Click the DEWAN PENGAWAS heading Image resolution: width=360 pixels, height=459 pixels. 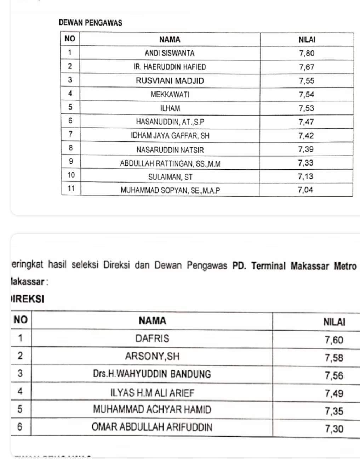tap(90, 23)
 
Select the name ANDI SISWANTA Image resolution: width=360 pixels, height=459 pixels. tap(170, 53)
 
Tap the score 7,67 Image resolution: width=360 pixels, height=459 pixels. tap(307, 67)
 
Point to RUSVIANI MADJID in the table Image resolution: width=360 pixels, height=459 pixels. tap(170, 81)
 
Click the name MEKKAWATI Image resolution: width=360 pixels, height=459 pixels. tap(170, 95)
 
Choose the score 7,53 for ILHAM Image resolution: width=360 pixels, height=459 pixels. tap(307, 108)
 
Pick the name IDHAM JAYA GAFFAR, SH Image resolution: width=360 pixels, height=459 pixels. tap(170, 135)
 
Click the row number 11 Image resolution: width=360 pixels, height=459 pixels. tap(71, 188)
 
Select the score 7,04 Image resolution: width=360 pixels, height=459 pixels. tap(306, 190)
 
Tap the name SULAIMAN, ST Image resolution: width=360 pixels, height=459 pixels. tap(170, 177)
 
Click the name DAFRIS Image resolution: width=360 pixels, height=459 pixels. tap(153, 338)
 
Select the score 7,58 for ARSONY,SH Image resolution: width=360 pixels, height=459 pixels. tap(334, 358)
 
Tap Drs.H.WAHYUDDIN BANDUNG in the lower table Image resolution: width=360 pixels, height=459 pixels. tap(152, 374)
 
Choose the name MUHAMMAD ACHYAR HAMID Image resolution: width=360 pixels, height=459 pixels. tap(152, 410)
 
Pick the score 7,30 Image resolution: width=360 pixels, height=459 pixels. tap(334, 429)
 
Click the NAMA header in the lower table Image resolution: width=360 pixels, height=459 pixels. tap(152, 321)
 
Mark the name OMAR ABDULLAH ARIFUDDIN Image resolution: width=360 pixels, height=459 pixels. tap(152, 427)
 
